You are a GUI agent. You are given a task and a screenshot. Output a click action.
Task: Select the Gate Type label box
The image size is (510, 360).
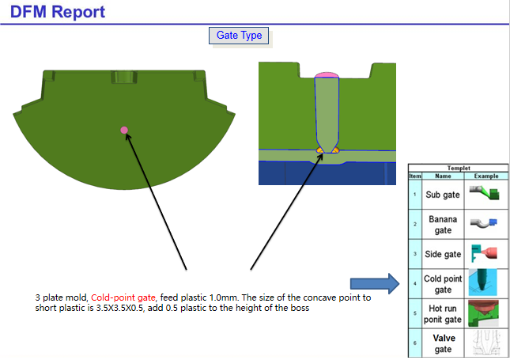point(239,36)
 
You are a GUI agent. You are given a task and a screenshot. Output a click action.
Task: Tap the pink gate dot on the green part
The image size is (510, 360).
point(123,130)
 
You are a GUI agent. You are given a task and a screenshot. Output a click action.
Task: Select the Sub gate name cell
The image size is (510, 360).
point(443,195)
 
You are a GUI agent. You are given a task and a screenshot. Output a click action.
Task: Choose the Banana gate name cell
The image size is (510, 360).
point(443,224)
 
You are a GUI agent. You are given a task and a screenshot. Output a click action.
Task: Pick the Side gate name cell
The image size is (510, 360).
point(443,254)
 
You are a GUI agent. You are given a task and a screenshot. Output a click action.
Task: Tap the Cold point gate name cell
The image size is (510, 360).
point(443,283)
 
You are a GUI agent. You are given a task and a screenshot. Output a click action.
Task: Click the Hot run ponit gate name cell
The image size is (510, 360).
point(443,314)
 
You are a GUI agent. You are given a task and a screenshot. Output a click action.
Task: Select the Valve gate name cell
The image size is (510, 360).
point(443,343)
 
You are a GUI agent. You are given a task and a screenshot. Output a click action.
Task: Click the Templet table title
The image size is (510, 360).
point(458,169)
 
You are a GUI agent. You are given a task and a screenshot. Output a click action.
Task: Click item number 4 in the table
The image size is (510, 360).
point(414,283)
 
